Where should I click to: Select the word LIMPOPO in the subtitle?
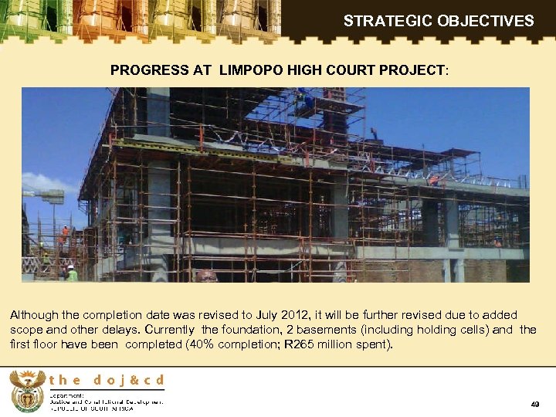pos(253,70)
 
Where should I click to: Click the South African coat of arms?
pos(27,391)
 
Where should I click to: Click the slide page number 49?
pos(535,405)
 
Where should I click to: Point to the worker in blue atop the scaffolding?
pos(301,97)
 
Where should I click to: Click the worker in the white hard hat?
pos(71,272)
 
